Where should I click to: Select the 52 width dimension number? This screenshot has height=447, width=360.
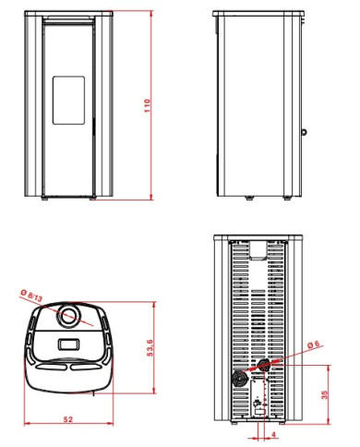[68, 418]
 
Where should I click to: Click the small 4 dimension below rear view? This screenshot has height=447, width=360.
[274, 432]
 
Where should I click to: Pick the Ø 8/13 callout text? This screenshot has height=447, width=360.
[30, 295]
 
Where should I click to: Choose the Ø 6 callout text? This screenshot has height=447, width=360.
[311, 344]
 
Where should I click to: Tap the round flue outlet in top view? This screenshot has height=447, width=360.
[69, 317]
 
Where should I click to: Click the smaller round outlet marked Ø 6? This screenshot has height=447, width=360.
[265, 367]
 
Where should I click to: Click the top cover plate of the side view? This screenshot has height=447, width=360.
[258, 15]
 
